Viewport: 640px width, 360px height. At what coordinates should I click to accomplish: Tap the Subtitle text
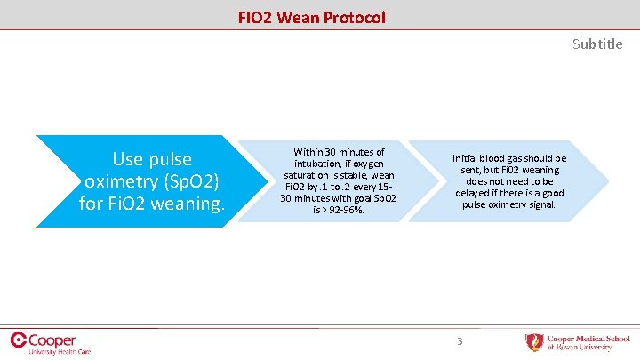597,44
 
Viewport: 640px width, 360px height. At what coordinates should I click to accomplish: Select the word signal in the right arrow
540,205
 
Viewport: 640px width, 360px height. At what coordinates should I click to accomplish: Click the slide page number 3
460,341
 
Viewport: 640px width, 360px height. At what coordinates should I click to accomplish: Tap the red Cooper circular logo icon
19,340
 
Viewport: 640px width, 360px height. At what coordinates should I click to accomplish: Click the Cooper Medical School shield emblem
534,342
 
